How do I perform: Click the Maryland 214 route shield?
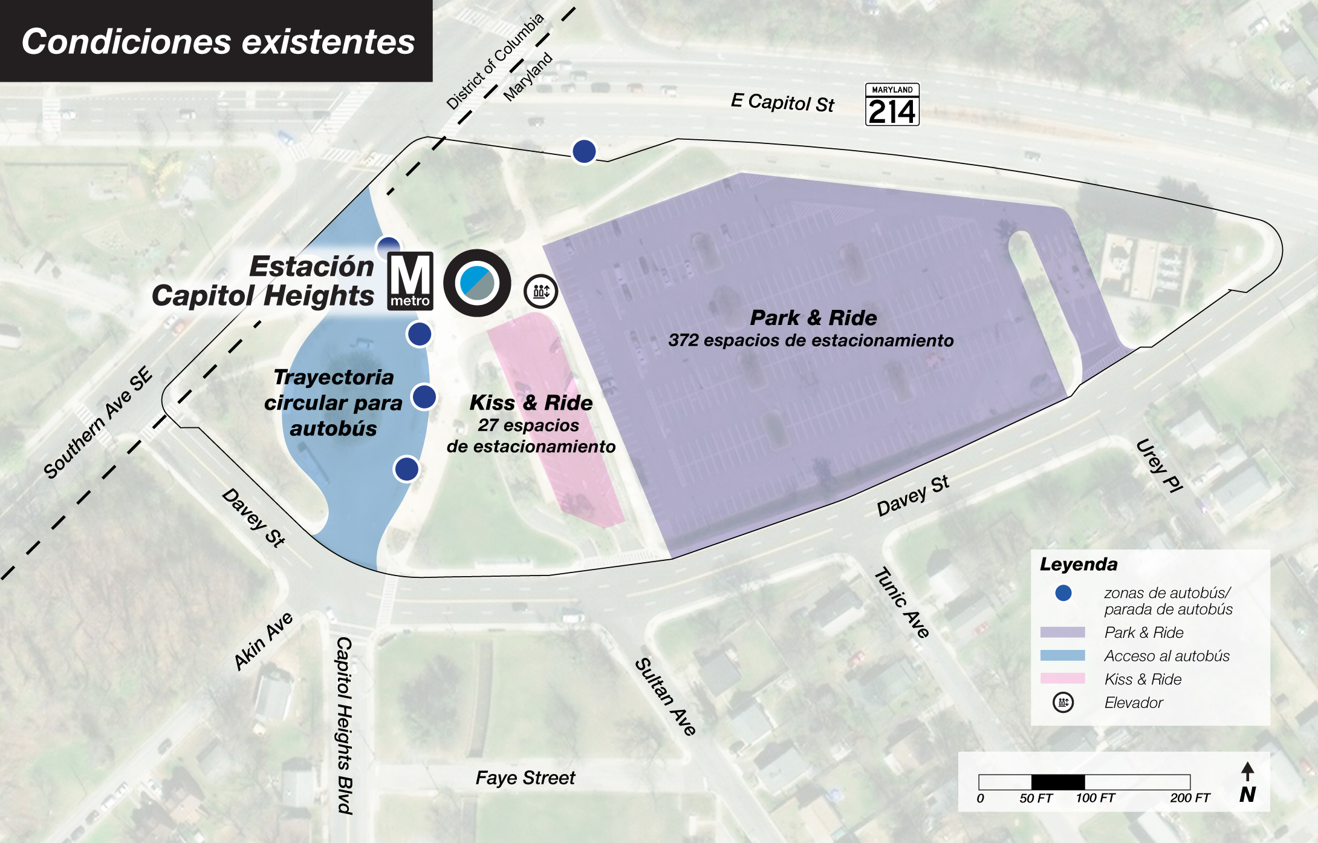click(892, 105)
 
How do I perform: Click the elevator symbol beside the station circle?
click(541, 291)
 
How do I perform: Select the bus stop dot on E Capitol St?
click(584, 151)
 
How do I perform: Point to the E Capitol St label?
click(782, 102)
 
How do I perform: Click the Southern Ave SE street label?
click(98, 423)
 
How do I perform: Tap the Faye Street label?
click(525, 778)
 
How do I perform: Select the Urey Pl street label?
click(1159, 465)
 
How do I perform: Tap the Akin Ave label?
click(264, 641)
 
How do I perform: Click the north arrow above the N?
click(1247, 771)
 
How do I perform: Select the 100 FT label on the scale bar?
click(1095, 798)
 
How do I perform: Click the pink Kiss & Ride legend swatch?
click(1062, 678)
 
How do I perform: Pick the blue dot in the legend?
click(1063, 593)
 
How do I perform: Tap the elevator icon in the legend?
click(1063, 703)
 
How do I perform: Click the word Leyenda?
click(1078, 565)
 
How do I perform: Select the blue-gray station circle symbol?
click(477, 283)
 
